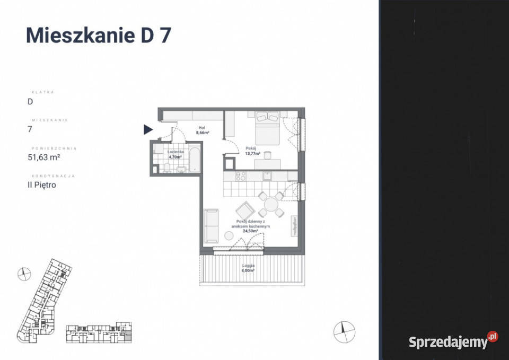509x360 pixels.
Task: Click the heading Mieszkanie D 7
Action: tap(98, 35)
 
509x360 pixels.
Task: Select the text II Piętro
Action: tap(42, 185)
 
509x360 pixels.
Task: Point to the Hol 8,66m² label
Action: tap(201, 130)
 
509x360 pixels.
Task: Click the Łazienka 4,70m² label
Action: tap(175, 154)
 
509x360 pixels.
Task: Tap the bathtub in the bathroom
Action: tap(194, 161)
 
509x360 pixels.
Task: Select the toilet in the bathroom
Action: tap(166, 168)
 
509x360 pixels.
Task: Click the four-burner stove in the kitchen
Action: tap(240, 176)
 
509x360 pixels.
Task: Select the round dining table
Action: tap(271, 204)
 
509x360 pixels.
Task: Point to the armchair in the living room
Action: tap(245, 210)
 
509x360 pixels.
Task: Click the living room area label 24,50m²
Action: tap(250, 231)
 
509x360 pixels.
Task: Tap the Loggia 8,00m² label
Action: tap(248, 267)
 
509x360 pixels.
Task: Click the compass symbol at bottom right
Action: tap(344, 331)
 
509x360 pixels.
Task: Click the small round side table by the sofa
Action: tap(229, 236)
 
